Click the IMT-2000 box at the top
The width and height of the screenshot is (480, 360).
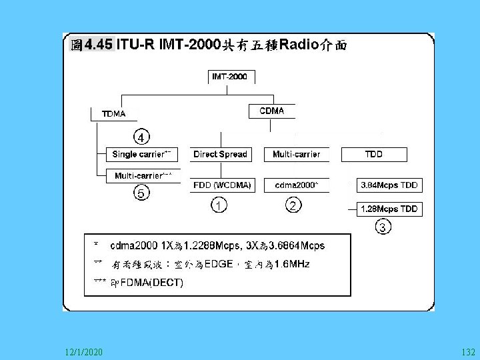click(x=229, y=77)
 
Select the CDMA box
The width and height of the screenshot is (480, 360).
click(x=271, y=111)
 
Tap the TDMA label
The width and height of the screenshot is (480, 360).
click(x=113, y=113)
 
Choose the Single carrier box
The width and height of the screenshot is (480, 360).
click(x=142, y=155)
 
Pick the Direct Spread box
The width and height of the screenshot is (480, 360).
click(x=220, y=155)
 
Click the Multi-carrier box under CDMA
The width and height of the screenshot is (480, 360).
click(x=296, y=155)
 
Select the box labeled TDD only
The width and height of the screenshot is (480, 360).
click(x=373, y=155)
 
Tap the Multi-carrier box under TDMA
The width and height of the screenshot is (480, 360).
click(x=143, y=175)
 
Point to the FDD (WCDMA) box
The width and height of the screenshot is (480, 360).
click(x=222, y=185)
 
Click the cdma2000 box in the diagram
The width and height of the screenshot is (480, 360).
click(x=297, y=185)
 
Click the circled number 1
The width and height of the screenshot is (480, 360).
click(x=218, y=205)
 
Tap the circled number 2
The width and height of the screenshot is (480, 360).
click(x=293, y=205)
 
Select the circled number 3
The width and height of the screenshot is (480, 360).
click(x=381, y=228)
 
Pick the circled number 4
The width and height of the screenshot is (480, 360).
click(x=141, y=137)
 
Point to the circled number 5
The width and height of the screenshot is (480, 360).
click(x=141, y=193)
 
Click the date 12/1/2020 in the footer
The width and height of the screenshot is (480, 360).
click(x=84, y=351)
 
